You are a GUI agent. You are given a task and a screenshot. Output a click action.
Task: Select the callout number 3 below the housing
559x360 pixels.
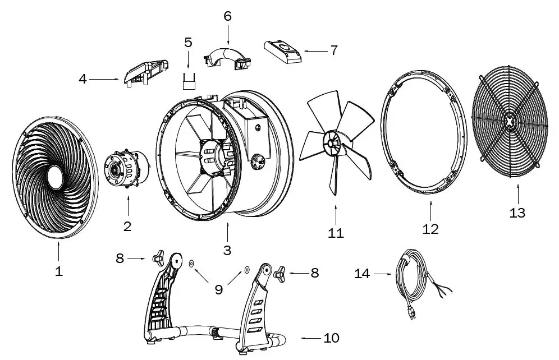pyautogui.click(x=227, y=250)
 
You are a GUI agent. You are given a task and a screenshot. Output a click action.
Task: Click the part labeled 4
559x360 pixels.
pyautogui.click(x=145, y=72)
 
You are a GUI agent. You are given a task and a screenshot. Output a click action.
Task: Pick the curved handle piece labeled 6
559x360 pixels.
pyautogui.click(x=227, y=58)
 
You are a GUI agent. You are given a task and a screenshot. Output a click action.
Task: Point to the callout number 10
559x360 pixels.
pyautogui.click(x=331, y=338)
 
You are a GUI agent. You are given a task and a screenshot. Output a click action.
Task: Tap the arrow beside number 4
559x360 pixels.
pyautogui.click(x=105, y=79)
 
